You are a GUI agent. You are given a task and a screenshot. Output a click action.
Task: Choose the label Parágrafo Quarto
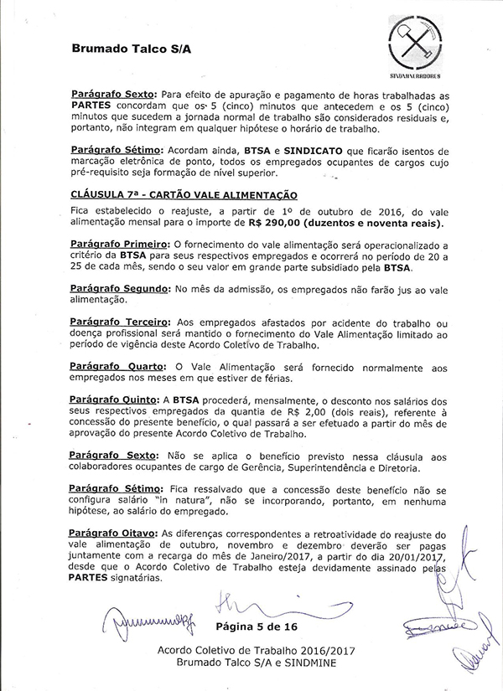(114, 369)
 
